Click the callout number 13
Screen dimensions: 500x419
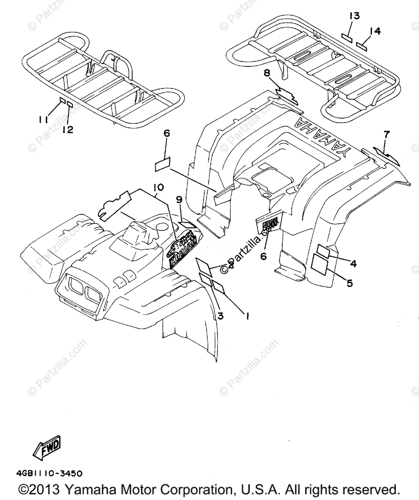[354, 16]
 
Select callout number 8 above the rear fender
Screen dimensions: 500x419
[279, 75]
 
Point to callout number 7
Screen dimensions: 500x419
[386, 135]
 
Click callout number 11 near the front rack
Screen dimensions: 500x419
[43, 120]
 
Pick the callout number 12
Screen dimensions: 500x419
[68, 130]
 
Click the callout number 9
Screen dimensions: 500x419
[179, 200]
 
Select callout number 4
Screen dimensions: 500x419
[353, 263]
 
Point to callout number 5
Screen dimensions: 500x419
[350, 283]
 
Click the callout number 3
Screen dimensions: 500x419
[220, 316]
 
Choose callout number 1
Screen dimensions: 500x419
[247, 316]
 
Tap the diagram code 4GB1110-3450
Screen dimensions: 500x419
[49, 473]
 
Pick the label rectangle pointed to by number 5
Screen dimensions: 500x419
[320, 265]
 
